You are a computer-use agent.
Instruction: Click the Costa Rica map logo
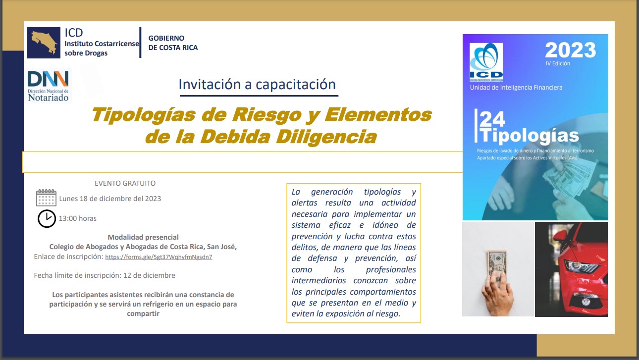(x=44, y=43)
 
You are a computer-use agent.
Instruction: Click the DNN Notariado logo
(x=48, y=86)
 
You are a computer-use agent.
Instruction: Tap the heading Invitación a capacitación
(x=257, y=85)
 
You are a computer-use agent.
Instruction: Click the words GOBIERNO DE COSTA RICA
(x=173, y=43)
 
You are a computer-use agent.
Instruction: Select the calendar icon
(x=46, y=198)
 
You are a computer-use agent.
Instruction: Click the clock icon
(x=47, y=218)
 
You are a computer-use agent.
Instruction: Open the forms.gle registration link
(x=159, y=257)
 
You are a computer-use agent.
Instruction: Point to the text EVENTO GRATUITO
(x=125, y=183)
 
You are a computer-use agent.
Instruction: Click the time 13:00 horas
(x=78, y=218)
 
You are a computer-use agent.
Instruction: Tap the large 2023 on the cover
(x=570, y=50)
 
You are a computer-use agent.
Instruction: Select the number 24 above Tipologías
(x=492, y=119)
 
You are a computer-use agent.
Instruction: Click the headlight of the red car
(x=581, y=267)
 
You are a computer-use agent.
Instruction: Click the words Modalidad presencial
(x=143, y=237)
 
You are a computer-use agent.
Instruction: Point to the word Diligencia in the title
(x=326, y=137)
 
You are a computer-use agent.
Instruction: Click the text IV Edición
(x=558, y=63)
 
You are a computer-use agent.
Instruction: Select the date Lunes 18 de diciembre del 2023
(x=110, y=199)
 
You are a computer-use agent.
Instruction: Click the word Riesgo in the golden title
(x=266, y=115)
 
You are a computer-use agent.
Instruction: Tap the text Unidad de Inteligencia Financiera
(x=516, y=88)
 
